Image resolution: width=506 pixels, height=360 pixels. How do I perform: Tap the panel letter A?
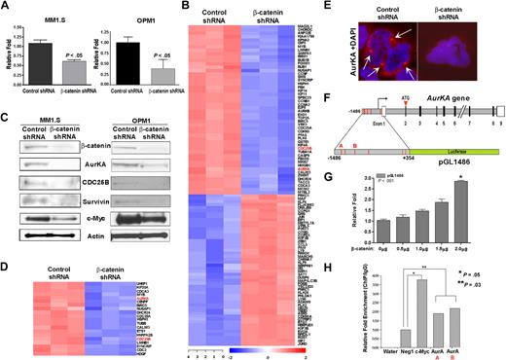(x=7, y=8)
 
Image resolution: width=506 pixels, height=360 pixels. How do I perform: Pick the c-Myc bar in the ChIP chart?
(x=421, y=307)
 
